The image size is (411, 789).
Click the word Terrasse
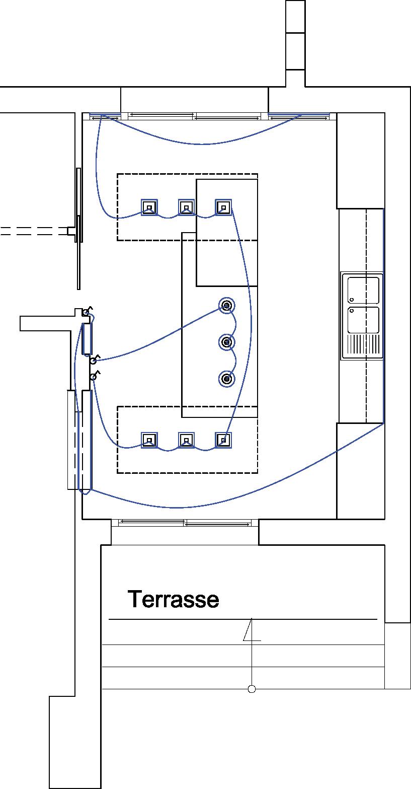click(x=173, y=600)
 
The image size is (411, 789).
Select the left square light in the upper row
click(x=149, y=207)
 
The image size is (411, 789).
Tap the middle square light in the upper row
click(x=186, y=207)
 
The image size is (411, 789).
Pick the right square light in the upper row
click(x=223, y=207)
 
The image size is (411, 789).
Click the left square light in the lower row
click(x=149, y=440)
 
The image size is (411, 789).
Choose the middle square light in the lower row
click(x=186, y=440)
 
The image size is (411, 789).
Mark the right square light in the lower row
click(x=223, y=440)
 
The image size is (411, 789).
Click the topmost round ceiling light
click(x=227, y=305)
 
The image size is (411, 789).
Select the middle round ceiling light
click(x=227, y=342)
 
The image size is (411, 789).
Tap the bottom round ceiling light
click(x=227, y=379)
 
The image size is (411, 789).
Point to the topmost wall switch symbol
click(x=87, y=313)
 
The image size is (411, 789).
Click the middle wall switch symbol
click(x=94, y=360)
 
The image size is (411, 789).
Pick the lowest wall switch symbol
click(x=94, y=376)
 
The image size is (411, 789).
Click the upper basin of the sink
click(x=363, y=290)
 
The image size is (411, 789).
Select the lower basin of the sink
click(x=363, y=319)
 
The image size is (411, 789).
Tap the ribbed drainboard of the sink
click(x=363, y=345)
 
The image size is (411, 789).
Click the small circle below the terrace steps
click(x=252, y=689)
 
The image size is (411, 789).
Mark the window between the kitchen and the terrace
click(x=185, y=523)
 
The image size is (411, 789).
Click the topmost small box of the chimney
click(x=295, y=16)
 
